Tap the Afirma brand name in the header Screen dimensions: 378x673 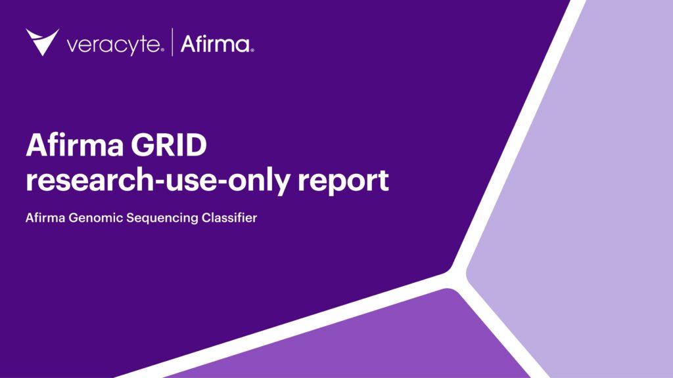214,45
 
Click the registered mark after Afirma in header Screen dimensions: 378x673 252,50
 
